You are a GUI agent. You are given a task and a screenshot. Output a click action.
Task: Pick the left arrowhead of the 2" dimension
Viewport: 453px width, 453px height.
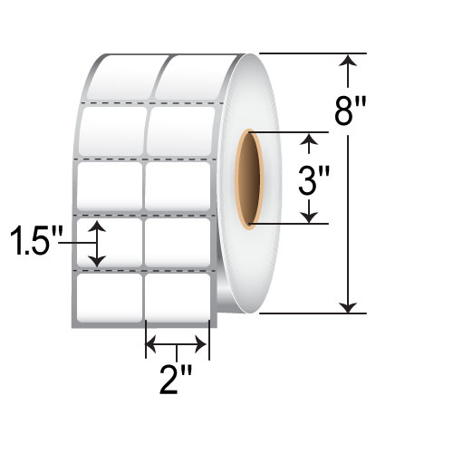152,345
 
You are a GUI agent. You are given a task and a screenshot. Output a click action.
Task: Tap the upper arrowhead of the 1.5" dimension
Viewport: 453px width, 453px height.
99,226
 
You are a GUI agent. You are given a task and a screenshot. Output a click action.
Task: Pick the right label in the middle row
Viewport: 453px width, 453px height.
178,187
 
